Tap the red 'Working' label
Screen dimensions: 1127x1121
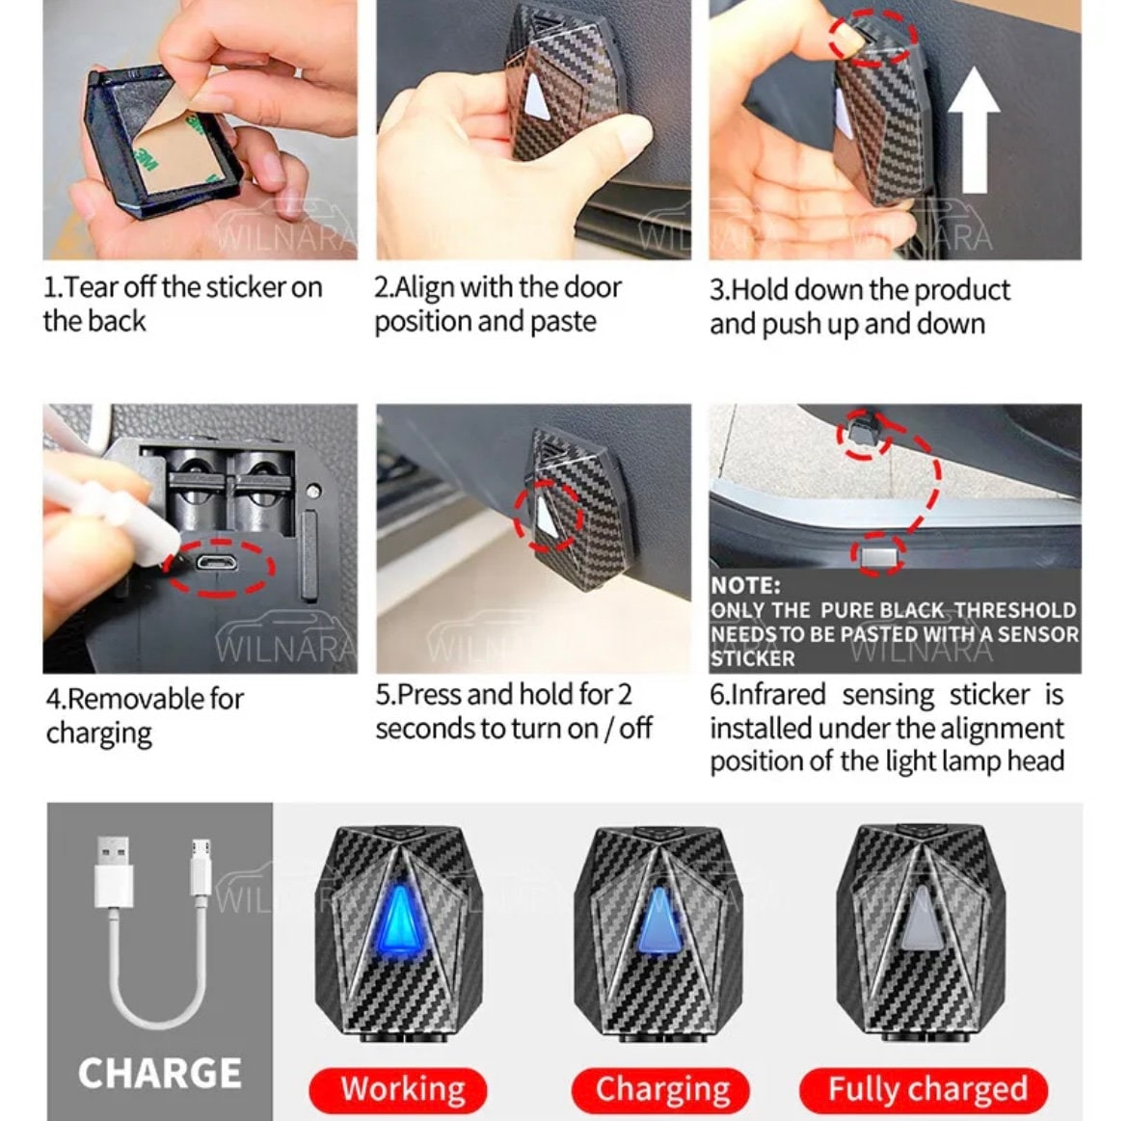coord(398,1089)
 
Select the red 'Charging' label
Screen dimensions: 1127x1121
coord(660,1089)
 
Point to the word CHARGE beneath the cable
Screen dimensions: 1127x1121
coord(160,1073)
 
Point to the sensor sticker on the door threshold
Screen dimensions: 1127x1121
coord(878,555)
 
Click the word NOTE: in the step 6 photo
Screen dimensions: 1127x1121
coord(745,585)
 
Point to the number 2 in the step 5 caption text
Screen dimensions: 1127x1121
coord(624,695)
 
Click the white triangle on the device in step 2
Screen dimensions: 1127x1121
coord(536,94)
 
